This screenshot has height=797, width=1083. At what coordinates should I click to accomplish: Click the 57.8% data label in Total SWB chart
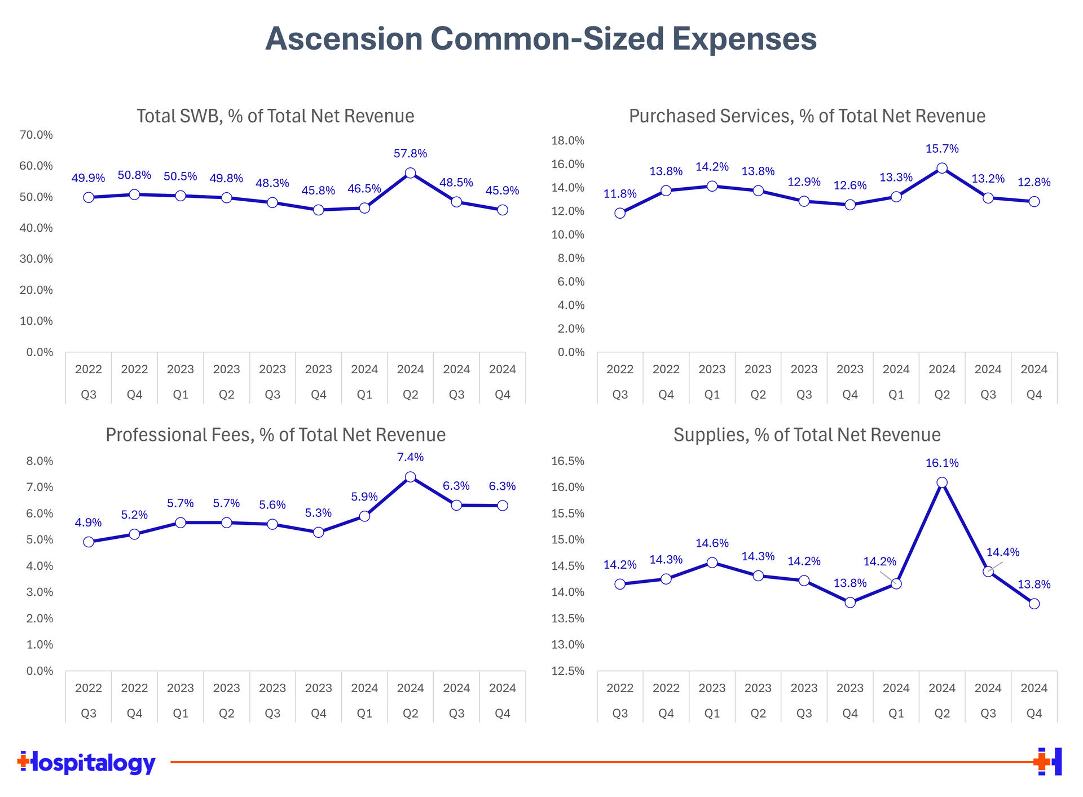coord(410,153)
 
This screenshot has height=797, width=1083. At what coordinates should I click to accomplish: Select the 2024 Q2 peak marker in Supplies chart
coord(942,482)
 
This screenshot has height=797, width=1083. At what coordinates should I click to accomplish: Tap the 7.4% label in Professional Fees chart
coord(410,457)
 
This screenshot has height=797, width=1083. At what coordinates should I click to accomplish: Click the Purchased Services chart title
coord(807,116)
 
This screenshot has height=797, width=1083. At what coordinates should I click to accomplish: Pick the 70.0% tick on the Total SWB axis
coord(36,135)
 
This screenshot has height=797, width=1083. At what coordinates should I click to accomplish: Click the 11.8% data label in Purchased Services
coord(620,194)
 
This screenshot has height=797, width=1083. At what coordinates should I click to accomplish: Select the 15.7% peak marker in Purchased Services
coord(942,168)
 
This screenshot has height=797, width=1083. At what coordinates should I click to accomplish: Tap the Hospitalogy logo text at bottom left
coord(87,763)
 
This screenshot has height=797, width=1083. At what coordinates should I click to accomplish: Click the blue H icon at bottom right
coord(1050,761)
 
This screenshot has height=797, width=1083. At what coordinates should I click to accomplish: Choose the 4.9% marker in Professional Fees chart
coord(89,542)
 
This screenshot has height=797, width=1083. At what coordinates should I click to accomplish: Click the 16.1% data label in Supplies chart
coord(942,463)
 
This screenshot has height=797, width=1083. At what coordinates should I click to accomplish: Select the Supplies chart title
coord(807,435)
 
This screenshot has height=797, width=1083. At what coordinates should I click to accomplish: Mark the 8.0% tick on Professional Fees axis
coord(39,461)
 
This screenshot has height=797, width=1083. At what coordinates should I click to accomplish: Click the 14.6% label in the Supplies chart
coord(712,543)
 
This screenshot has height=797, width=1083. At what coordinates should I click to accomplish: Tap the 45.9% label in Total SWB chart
coord(502,191)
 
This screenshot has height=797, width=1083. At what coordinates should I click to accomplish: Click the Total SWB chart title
coord(275,116)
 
